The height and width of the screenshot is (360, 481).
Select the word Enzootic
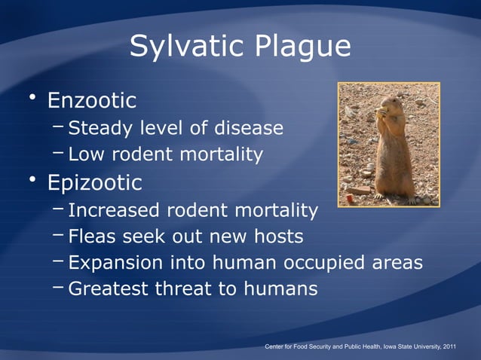92,100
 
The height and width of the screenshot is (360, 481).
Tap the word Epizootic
94,183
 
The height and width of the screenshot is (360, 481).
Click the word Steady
102,128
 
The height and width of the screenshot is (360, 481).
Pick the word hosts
276,237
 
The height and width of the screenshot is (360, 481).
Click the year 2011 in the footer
449,347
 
